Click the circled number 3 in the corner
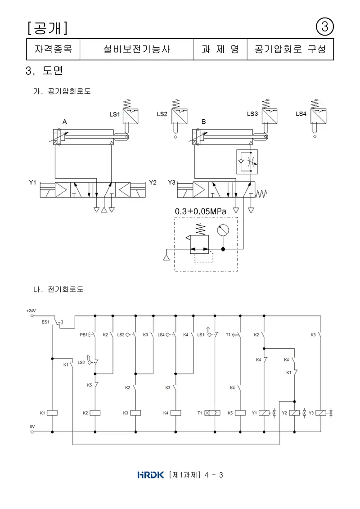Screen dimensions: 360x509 point(325,27)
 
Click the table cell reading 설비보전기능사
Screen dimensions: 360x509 point(137,50)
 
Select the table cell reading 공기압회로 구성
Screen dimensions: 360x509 point(290,50)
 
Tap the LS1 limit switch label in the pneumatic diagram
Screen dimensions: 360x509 point(115,114)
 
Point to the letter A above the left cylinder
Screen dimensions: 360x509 point(65,122)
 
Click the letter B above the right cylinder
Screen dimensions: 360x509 point(203,122)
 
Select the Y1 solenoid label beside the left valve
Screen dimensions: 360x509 point(32,182)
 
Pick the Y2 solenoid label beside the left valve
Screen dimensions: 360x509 point(153,182)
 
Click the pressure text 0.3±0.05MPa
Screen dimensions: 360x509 point(200,212)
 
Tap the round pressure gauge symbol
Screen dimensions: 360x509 point(223,230)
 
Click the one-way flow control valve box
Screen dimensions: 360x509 point(247,162)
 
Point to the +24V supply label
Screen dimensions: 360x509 point(31,311)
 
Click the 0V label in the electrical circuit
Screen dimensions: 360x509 point(32,427)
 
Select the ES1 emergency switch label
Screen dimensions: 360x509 point(45,322)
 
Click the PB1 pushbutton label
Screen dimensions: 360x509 point(83,335)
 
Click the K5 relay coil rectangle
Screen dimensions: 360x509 point(240,413)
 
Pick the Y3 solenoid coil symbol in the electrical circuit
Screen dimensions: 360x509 point(321,413)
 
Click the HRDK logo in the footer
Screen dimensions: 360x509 point(151,475)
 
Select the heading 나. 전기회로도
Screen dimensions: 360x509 point(58,289)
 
